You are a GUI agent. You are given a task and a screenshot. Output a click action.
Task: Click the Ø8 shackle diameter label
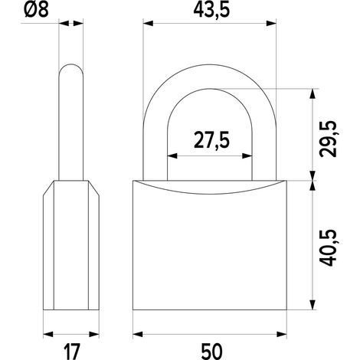click(36, 11)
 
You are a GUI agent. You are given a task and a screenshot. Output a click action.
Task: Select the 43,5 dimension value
click(211, 11)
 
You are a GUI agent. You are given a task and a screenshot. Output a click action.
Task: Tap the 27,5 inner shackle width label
click(211, 140)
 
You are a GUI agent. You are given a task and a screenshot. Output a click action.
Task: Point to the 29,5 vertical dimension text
click(329, 139)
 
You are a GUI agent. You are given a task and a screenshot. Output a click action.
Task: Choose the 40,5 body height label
click(329, 248)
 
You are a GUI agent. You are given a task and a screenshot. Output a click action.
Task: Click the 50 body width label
click(211, 352)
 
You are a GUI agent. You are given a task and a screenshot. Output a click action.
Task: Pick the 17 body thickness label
click(72, 352)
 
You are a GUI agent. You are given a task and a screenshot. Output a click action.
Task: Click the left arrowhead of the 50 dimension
click(138, 334)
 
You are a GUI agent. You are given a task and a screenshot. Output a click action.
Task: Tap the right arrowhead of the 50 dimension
click(282, 334)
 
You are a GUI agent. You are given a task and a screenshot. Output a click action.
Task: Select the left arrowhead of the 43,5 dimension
click(148, 24)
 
